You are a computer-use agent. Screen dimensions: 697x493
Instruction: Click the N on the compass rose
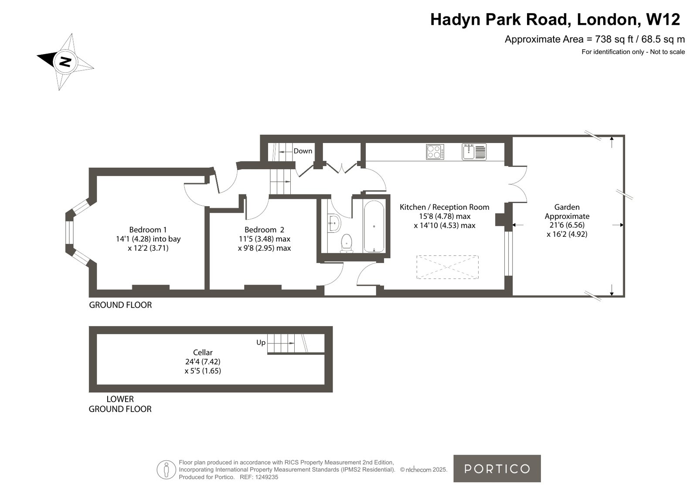pyautogui.click(x=65, y=61)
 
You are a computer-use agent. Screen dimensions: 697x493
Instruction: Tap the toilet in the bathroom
pyautogui.click(x=347, y=243)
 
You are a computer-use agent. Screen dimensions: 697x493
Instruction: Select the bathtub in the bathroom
pyautogui.click(x=374, y=226)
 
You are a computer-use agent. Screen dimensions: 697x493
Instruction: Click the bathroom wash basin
pyautogui.click(x=334, y=223)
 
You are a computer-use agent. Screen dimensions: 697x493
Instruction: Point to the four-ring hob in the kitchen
pyautogui.click(x=435, y=152)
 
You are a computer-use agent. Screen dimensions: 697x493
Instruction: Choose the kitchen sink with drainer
pyautogui.click(x=474, y=152)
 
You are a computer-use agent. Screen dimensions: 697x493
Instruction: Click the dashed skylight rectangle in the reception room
pyautogui.click(x=448, y=267)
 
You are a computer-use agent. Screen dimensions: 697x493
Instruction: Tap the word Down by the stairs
pyautogui.click(x=303, y=151)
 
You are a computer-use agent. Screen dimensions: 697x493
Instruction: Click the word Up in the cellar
pyautogui.click(x=261, y=343)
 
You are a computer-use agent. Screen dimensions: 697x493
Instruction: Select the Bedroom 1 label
pyautogui.click(x=148, y=230)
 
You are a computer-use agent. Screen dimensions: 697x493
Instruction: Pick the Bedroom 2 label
pyautogui.click(x=264, y=230)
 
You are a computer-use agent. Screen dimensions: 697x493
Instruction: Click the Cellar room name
pyautogui.click(x=203, y=352)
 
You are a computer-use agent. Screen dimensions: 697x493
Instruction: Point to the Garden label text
pyautogui.click(x=567, y=207)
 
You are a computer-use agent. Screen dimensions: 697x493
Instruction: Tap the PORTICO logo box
pyautogui.click(x=497, y=469)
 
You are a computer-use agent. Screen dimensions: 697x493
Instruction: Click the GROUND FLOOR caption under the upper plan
pyautogui.click(x=120, y=305)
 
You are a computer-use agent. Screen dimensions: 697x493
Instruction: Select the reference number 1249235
pyautogui.click(x=267, y=477)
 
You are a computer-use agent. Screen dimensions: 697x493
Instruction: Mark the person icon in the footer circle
pyautogui.click(x=166, y=469)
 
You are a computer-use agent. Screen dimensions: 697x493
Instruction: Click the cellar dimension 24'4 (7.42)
pyautogui.click(x=203, y=362)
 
